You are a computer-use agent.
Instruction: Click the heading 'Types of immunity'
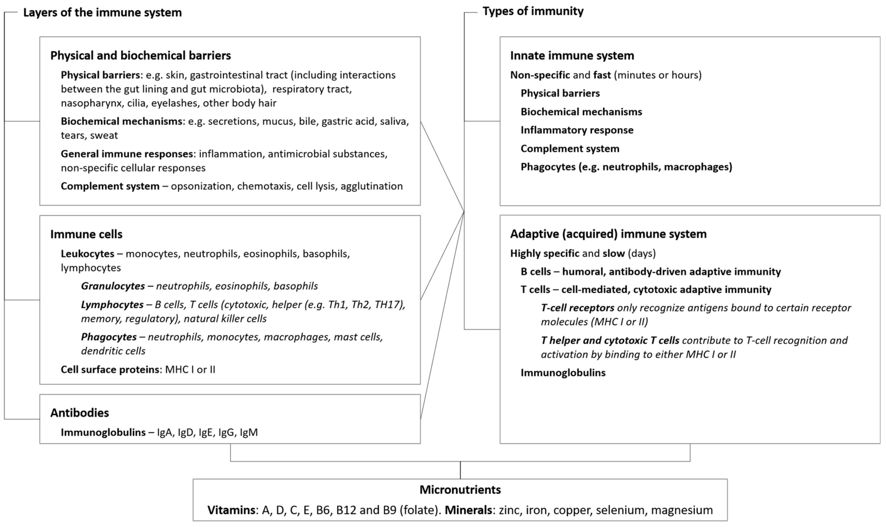(x=533, y=11)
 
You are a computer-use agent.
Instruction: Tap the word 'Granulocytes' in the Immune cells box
(x=113, y=286)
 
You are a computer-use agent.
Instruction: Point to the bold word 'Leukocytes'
(x=87, y=254)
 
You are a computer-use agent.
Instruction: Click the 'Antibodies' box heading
(x=79, y=413)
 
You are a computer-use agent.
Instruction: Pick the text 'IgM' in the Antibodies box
(x=249, y=432)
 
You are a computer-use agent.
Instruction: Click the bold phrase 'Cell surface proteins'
(x=110, y=369)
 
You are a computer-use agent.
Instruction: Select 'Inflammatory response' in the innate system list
(x=577, y=130)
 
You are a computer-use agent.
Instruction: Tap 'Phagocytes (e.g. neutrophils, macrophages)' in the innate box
(x=626, y=167)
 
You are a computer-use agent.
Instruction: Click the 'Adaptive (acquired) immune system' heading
(x=608, y=234)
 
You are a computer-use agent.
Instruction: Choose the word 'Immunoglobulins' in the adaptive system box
(x=563, y=372)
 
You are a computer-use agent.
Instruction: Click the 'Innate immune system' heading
(x=572, y=55)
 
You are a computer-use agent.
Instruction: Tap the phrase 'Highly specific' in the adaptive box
(x=544, y=253)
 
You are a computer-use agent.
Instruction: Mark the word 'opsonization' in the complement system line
(x=201, y=186)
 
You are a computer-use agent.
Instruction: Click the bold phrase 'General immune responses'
(x=127, y=154)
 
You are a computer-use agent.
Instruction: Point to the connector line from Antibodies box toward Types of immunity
(x=442, y=316)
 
